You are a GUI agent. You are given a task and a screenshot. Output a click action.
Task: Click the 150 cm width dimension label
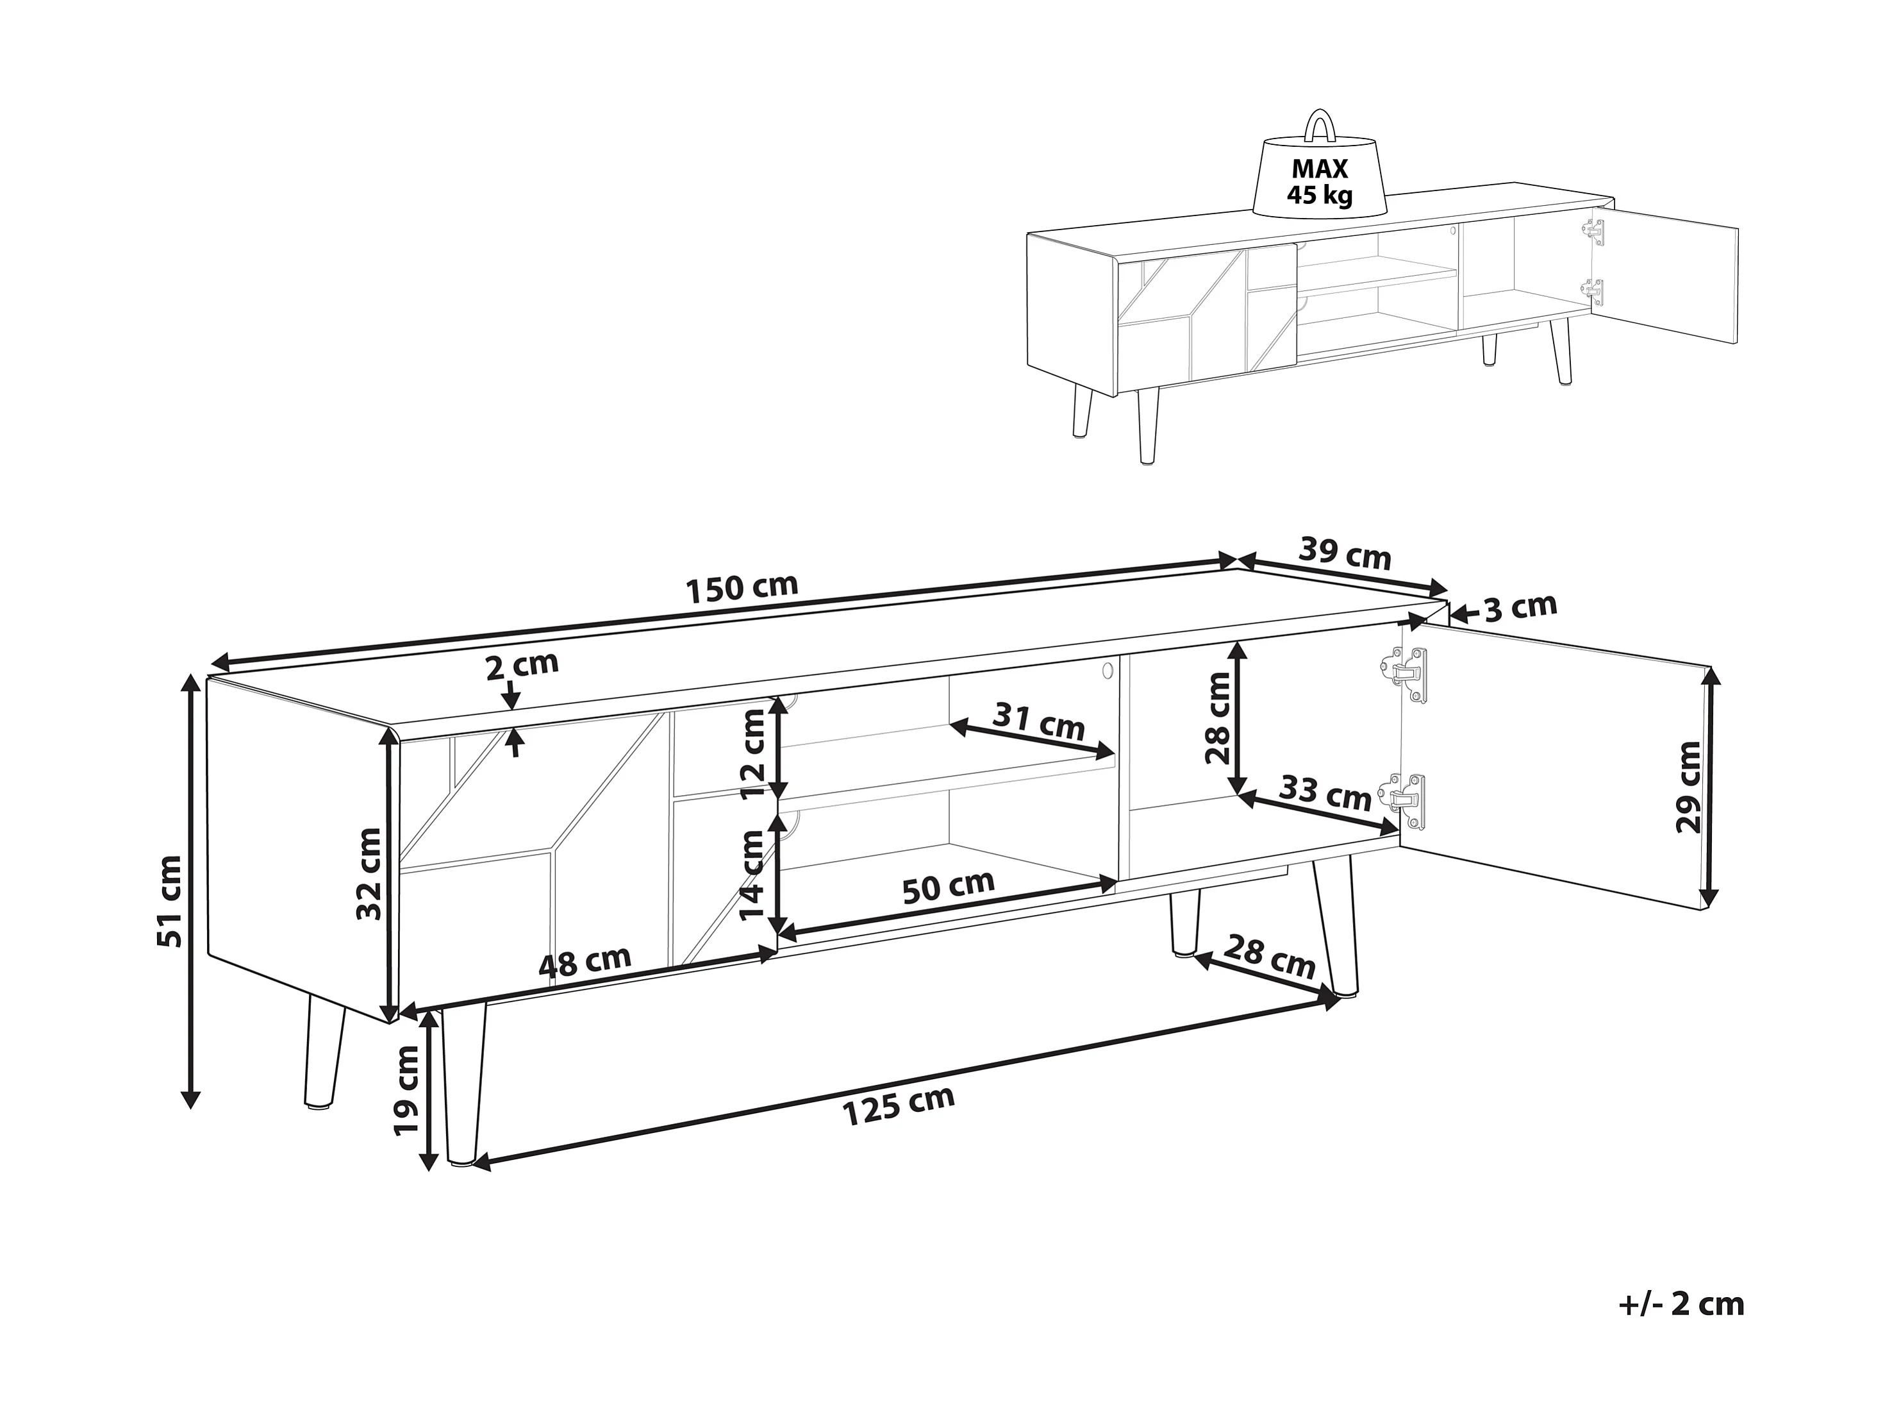[x=743, y=587]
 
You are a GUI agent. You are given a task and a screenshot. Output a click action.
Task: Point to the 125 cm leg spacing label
[x=899, y=1105]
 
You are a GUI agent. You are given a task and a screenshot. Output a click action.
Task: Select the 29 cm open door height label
[x=1688, y=787]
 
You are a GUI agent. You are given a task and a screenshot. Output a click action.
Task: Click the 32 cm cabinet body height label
[x=370, y=873]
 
